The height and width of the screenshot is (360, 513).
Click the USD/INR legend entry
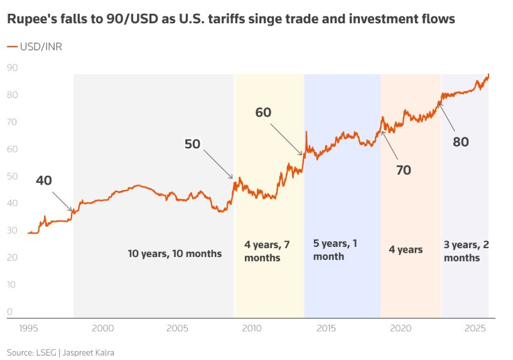(x=35, y=46)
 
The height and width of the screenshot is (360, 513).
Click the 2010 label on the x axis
(x=252, y=329)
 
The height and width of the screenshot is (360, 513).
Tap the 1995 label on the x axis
(x=28, y=329)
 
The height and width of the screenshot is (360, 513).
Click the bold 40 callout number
(x=44, y=180)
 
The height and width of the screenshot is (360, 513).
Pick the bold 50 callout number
(x=192, y=144)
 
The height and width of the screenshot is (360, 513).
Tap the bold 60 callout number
(x=264, y=112)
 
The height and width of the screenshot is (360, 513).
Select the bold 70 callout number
(x=403, y=170)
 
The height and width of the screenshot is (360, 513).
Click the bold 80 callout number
(x=461, y=142)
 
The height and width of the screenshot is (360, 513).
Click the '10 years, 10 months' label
(x=175, y=254)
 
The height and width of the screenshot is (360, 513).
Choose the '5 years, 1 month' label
(x=335, y=249)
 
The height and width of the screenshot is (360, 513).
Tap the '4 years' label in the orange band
(x=406, y=250)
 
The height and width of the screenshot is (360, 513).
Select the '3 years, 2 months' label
(x=466, y=251)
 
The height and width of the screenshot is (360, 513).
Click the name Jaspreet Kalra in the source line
(x=93, y=352)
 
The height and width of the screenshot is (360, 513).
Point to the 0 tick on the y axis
(x=10, y=312)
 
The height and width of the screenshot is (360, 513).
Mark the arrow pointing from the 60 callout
(x=286, y=138)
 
